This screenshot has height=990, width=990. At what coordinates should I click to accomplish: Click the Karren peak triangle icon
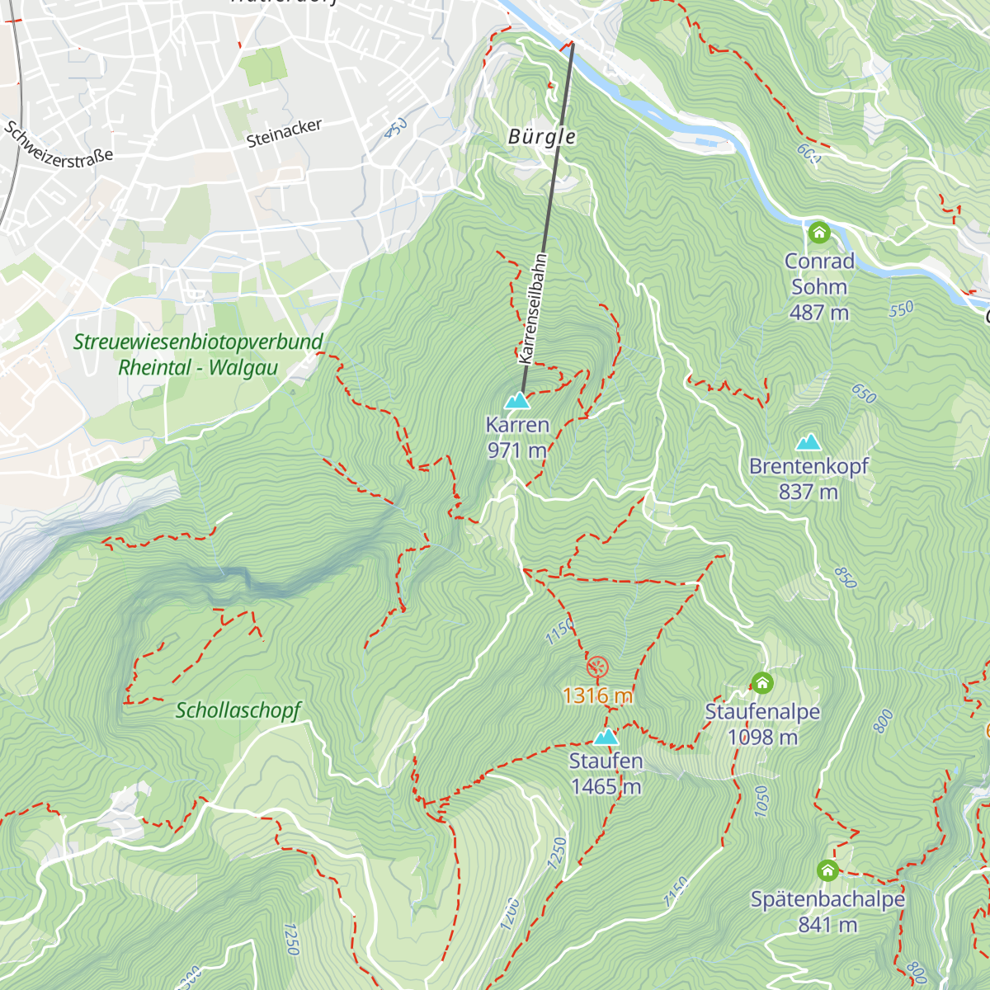517,401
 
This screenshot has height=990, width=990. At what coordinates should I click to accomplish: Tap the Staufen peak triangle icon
606,737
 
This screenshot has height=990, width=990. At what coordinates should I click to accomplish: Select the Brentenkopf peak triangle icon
808,442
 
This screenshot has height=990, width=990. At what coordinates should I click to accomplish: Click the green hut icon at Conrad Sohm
819,233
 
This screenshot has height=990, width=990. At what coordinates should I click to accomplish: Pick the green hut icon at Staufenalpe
762,683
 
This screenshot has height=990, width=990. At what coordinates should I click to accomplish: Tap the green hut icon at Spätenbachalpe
827,870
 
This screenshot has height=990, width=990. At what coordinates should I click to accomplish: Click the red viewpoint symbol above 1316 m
597,667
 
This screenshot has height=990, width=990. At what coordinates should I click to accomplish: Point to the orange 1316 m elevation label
598,695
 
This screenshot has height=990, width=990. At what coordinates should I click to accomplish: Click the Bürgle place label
542,137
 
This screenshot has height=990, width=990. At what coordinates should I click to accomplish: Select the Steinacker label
284,133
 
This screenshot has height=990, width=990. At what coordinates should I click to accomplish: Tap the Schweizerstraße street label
59,145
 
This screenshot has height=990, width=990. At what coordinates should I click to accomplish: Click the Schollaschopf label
238,710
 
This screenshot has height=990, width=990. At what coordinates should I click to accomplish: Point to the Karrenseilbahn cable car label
533,309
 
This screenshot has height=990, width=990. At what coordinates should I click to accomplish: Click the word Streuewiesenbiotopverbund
198,342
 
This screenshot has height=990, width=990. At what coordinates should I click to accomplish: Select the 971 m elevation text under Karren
517,450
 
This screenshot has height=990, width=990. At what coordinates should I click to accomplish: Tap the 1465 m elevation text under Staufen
606,787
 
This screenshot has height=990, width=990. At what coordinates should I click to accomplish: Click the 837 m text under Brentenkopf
808,493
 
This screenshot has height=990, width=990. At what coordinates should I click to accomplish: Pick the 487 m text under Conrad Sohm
818,313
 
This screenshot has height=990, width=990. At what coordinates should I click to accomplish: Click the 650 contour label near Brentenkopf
863,394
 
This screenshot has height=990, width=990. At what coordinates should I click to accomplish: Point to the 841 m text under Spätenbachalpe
827,926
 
